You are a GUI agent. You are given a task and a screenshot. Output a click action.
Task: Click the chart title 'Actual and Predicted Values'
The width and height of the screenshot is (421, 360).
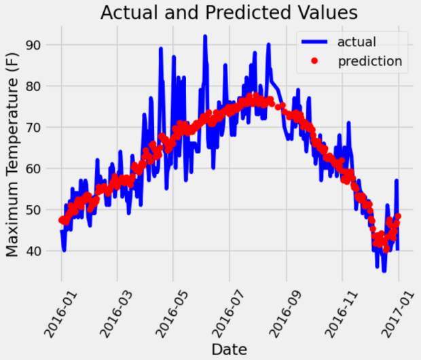tap(230, 13)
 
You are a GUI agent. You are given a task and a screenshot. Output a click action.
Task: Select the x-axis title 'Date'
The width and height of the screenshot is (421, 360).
tap(229, 349)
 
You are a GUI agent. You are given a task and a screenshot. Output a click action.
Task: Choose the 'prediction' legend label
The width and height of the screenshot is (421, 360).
tap(370, 61)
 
